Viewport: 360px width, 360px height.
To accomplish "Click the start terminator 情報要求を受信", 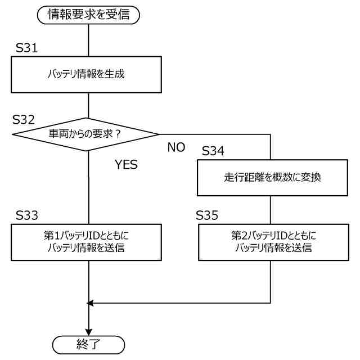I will (89, 15).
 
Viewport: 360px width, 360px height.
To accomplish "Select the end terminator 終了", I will (89, 344).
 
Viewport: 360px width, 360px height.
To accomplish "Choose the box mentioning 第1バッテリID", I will (89, 242).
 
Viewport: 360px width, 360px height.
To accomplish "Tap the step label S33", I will (27, 215).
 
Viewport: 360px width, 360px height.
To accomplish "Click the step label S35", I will (207, 215).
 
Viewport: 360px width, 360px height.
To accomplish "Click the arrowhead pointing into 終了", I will (89, 331).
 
